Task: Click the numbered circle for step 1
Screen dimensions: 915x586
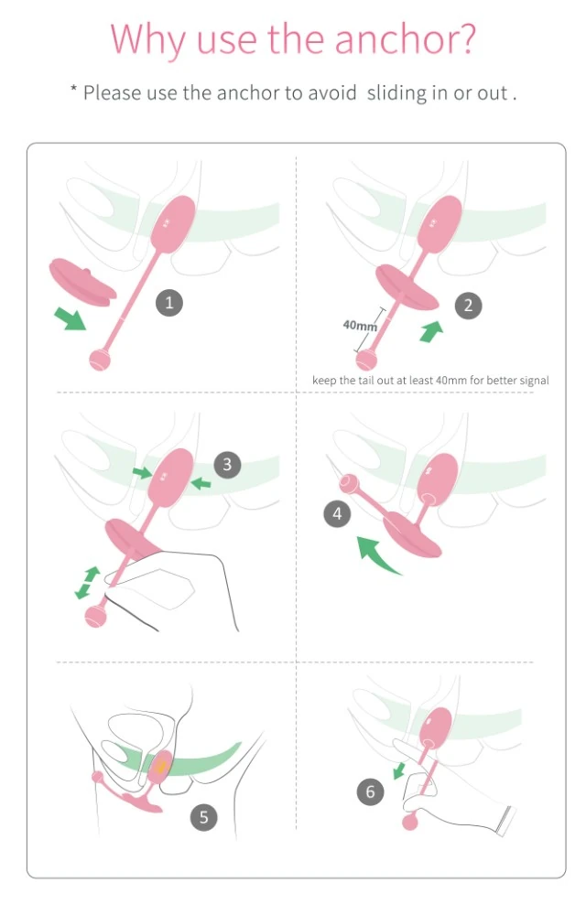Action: coord(168,303)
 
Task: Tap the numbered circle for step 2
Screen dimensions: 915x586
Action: coord(468,305)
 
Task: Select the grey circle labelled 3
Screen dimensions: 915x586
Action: coord(227,465)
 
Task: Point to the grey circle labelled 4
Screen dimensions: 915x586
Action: coord(337,514)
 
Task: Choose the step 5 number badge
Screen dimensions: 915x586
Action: coord(203,817)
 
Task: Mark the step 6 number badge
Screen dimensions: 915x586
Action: coord(371,791)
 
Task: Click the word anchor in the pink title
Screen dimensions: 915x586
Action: coord(398,39)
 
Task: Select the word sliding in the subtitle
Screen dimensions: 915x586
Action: coord(396,93)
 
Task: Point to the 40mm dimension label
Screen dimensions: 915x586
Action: coord(360,326)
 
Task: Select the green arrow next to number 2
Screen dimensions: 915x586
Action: coord(430,330)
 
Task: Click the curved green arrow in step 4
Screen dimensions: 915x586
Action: coord(376,556)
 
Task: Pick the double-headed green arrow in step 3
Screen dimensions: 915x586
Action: coord(86,583)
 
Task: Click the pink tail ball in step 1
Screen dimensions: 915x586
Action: coord(99,359)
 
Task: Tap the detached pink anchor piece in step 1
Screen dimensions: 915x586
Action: coord(82,282)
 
